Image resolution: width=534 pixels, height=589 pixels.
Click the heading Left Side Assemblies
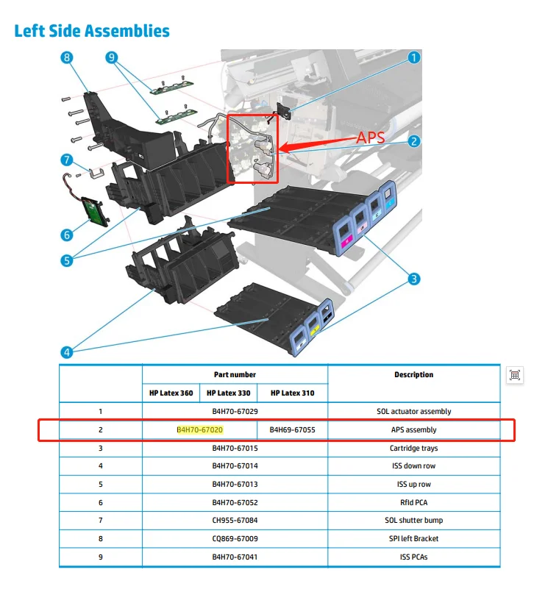pos(92,31)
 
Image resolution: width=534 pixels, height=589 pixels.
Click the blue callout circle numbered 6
pos(67,235)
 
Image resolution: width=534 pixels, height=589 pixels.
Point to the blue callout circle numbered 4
pos(67,352)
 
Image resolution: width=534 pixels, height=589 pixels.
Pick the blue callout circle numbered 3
pos(414,279)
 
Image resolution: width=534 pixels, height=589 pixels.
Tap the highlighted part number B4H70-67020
pos(200,429)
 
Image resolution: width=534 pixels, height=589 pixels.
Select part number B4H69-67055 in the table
pos(292,429)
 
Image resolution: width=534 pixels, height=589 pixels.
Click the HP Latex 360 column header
pos(171,393)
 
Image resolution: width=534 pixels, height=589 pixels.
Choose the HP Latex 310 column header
pos(292,393)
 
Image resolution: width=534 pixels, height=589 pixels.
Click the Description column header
pos(413,374)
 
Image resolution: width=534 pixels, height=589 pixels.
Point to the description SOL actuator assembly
pos(413,411)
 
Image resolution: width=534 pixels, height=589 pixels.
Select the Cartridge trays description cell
pos(413,448)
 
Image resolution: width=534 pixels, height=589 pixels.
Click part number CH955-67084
pos(235,520)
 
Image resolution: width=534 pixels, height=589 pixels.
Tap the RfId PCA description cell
pos(413,502)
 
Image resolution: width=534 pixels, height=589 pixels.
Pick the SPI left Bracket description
pos(413,538)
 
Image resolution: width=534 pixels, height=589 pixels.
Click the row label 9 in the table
pos(100,557)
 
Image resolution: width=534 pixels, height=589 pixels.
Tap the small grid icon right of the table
pos(515,375)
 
